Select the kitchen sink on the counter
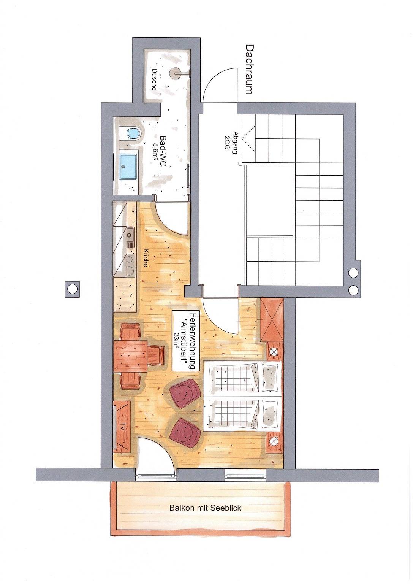point(130,237)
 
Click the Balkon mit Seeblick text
point(206,508)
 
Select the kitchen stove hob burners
point(130,265)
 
